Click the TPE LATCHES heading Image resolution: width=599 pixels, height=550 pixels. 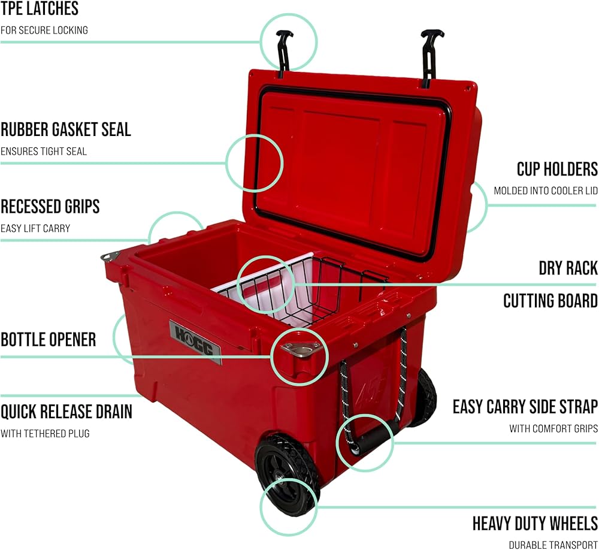click(x=40, y=9)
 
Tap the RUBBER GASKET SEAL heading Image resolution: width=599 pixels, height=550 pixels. click(x=65, y=129)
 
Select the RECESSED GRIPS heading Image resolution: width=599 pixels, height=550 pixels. click(x=50, y=207)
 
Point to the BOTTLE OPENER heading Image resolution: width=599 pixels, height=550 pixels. click(x=48, y=340)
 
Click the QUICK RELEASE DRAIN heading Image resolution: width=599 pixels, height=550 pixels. click(x=66, y=412)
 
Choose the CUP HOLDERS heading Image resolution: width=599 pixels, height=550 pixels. click(x=557, y=169)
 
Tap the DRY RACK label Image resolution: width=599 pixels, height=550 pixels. click(x=568, y=268)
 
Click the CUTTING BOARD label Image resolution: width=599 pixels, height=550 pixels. click(x=550, y=300)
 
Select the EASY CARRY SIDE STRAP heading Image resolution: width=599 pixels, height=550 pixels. click(x=525, y=407)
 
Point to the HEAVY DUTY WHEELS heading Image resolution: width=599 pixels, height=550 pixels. click(x=535, y=523)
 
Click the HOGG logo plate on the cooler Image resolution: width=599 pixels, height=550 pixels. click(x=195, y=342)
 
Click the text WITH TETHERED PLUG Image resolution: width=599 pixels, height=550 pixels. click(x=45, y=433)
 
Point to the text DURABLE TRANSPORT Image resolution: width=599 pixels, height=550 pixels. click(x=553, y=545)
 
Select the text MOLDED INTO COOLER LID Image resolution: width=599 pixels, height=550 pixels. click(x=545, y=191)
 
